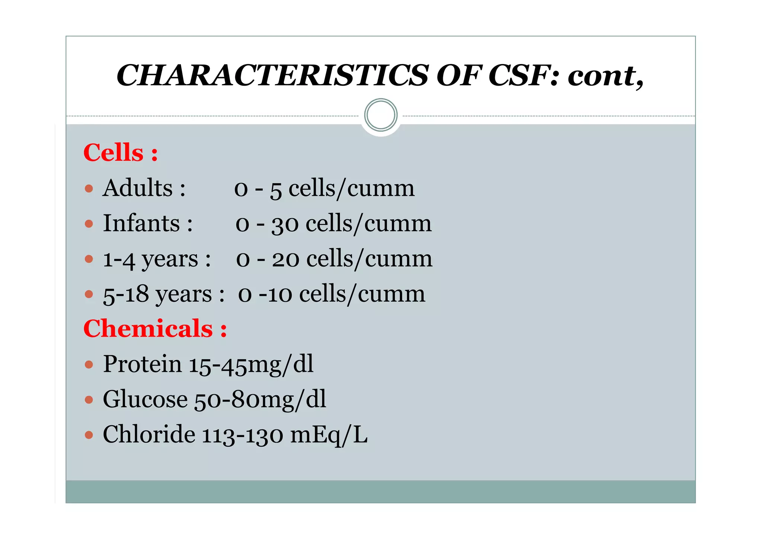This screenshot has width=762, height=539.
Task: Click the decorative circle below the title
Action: pos(381,115)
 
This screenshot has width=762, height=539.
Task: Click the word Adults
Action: pos(138,188)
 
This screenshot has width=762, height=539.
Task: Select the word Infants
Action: pos(141,223)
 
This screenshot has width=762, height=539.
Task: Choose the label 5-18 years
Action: pos(157,294)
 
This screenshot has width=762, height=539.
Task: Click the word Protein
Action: pos(142,364)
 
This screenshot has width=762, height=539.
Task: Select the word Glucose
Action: pos(145,399)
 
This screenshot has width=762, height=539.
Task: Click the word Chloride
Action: pos(149,434)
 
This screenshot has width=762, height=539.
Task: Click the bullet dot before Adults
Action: pos(89,189)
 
